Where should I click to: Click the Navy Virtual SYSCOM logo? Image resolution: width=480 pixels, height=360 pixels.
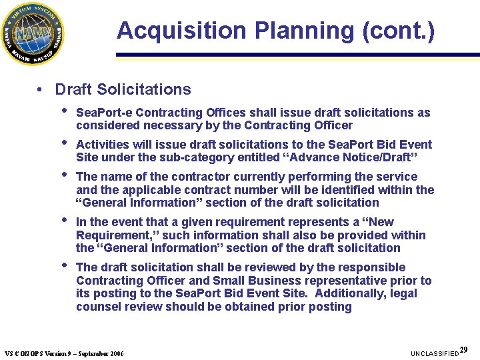tap(33, 33)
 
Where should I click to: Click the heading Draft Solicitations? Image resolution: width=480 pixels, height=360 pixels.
tap(123, 89)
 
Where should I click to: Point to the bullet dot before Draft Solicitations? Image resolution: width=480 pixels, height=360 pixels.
tap(41, 89)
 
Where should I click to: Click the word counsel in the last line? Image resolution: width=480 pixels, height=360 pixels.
tap(101, 307)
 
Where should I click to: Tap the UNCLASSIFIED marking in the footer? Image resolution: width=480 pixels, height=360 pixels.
tap(435, 353)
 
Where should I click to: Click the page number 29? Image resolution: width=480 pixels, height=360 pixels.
tap(464, 349)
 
